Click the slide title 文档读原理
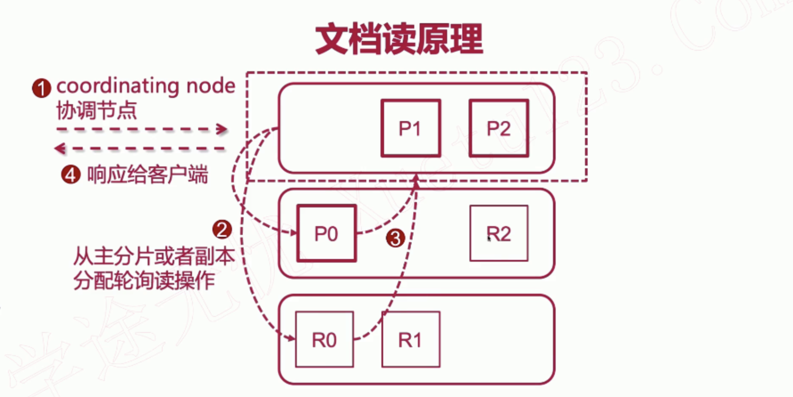point(399,40)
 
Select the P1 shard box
point(411,128)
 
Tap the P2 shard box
point(499,128)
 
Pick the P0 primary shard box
point(326,233)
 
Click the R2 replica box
point(499,233)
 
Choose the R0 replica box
point(324,340)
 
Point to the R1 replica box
point(411,340)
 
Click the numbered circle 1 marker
point(41,88)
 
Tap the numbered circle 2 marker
point(222,229)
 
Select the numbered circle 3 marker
point(395,238)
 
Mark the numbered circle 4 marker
point(70,174)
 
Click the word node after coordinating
point(211,85)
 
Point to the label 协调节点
point(96,110)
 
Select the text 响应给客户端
point(147,174)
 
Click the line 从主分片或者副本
point(154,256)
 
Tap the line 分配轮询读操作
point(144,280)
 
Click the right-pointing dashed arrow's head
point(222,130)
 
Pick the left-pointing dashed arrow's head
point(60,148)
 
